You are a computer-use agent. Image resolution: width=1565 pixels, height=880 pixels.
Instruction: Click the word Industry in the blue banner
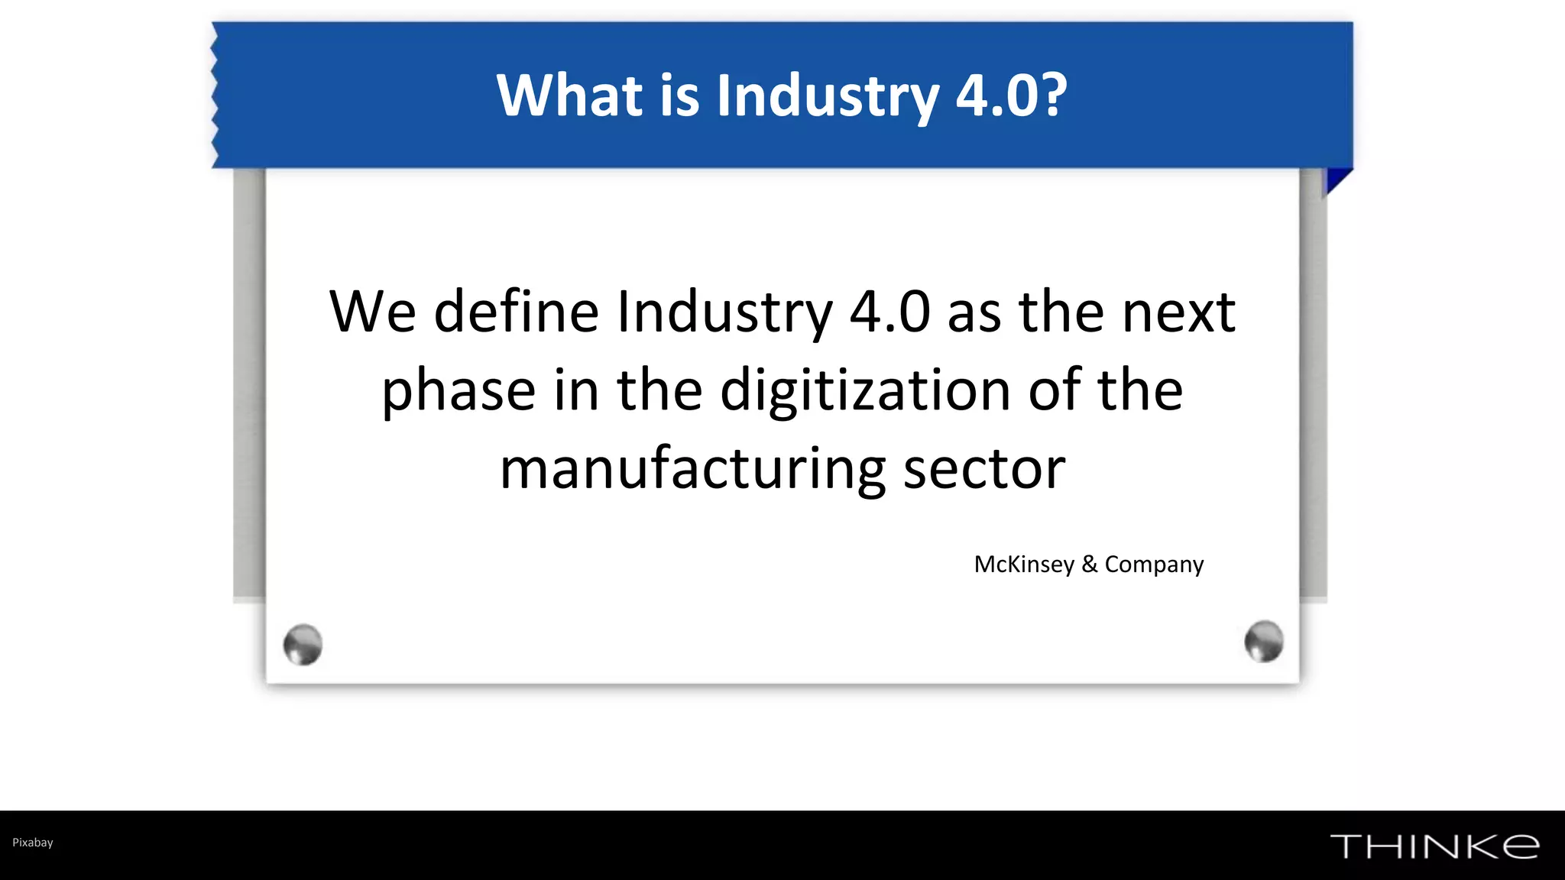point(828,97)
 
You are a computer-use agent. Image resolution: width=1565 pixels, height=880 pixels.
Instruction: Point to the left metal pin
point(303,644)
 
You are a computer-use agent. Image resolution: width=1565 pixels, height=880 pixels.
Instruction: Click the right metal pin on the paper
point(1263,641)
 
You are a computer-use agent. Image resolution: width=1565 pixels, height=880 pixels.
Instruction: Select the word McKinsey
point(1024,565)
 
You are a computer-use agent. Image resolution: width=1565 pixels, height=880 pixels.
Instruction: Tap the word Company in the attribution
point(1154,565)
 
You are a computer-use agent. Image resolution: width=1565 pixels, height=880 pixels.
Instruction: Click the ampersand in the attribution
point(1090,564)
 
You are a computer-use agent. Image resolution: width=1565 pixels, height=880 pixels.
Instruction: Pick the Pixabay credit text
point(33,843)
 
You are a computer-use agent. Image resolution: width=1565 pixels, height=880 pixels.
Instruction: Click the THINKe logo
point(1434,846)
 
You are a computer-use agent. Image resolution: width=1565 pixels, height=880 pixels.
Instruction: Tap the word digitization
point(866,390)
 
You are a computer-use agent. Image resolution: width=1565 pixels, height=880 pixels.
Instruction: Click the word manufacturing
point(692,469)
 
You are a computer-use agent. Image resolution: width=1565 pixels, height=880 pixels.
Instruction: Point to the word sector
point(984,469)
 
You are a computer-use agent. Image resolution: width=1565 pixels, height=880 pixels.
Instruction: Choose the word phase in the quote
point(458,391)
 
